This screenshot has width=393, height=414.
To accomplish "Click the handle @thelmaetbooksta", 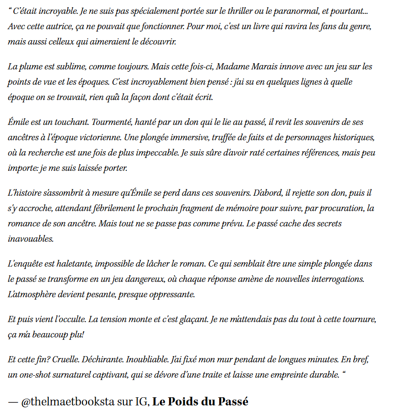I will click(67, 402).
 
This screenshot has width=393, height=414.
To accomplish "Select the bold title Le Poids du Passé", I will click(201, 402).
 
